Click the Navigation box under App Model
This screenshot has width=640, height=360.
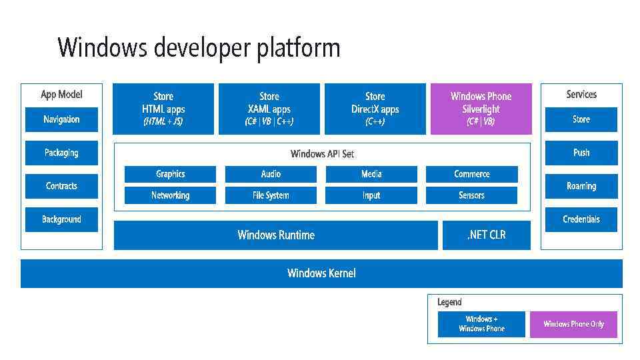(61, 119)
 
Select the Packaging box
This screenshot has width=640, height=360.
(61, 153)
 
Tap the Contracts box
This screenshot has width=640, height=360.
(61, 186)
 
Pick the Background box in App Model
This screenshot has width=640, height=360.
(61, 219)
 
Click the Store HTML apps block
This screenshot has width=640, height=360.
(163, 109)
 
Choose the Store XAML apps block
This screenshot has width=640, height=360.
(269, 109)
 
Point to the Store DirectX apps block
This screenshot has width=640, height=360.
(375, 109)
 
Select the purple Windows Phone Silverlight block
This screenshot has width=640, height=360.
(481, 109)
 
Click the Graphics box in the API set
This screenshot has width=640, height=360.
(170, 174)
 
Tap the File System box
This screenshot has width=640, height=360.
(271, 195)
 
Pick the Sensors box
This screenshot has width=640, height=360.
(471, 195)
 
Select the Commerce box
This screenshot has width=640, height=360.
(471, 174)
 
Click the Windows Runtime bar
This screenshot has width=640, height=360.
(275, 235)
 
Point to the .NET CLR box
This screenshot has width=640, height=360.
(486, 235)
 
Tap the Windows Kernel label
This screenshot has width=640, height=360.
(321, 273)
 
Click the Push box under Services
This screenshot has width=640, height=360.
(581, 153)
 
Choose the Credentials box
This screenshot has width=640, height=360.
(581, 219)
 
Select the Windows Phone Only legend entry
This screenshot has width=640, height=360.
(573, 324)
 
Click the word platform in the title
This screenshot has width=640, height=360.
(299, 48)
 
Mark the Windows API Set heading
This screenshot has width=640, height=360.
(322, 154)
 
